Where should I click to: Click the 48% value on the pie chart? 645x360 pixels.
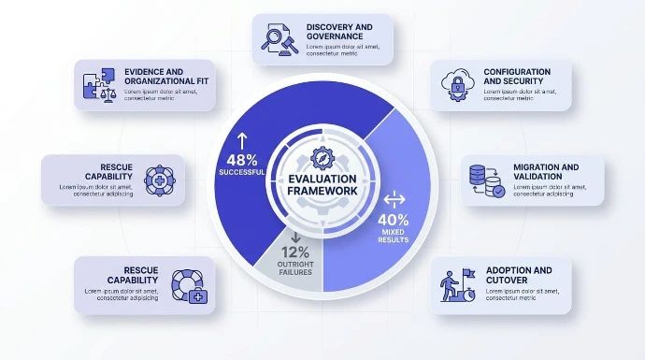(242, 160)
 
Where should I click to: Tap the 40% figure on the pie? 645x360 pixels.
(394, 220)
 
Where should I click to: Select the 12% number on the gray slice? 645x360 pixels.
(295, 252)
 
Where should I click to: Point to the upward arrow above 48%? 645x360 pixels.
(242, 141)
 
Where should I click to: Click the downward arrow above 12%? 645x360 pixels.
(295, 237)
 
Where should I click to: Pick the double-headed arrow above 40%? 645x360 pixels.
(394, 199)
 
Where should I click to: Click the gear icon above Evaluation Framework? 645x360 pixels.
(322, 158)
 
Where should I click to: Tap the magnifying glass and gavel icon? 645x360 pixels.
(279, 39)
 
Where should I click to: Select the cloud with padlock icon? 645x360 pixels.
(457, 85)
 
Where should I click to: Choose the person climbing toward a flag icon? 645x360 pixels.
(458, 285)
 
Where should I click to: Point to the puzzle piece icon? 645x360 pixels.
(99, 85)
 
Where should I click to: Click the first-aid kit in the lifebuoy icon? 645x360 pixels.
(198, 295)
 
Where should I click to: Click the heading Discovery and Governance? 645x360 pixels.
(339, 32)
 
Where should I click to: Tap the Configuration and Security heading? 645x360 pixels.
(517, 77)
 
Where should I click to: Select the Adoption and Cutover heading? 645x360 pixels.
(519, 275)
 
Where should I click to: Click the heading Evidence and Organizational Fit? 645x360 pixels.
(166, 77)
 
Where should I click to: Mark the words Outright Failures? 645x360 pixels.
(295, 268)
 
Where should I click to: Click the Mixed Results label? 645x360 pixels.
(394, 236)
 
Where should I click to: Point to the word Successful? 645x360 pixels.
(242, 172)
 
